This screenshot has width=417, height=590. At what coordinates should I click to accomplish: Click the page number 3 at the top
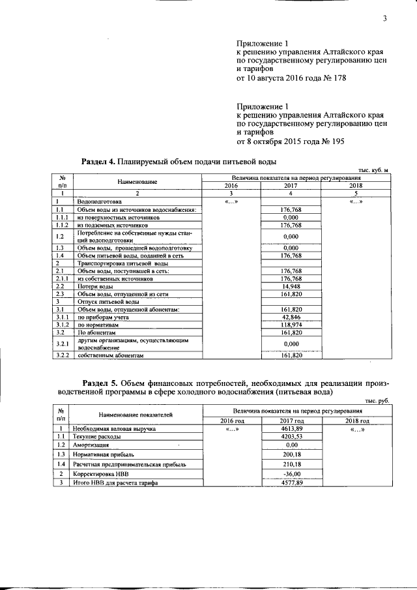pos(385,18)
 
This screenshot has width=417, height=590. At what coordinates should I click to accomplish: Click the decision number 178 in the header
pos(338,78)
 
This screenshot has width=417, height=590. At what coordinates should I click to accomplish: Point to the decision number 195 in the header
pos(336,141)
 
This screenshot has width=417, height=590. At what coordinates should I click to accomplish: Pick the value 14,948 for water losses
pos(291,286)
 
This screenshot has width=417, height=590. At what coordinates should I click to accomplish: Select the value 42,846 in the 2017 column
pos(291,316)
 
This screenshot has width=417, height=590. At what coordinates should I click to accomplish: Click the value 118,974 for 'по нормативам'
pos(291,324)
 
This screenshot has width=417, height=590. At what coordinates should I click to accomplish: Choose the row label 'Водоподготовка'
pos(99,202)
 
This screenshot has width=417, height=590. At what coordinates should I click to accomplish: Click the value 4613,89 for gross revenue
pos(291,430)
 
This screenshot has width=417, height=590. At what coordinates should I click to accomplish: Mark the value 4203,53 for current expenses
pos(291,437)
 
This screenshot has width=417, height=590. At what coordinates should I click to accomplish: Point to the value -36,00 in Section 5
pos(291,473)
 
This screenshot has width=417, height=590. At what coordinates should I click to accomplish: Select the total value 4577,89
pos(291,482)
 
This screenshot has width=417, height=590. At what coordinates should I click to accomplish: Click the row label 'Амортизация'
pos(92,445)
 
